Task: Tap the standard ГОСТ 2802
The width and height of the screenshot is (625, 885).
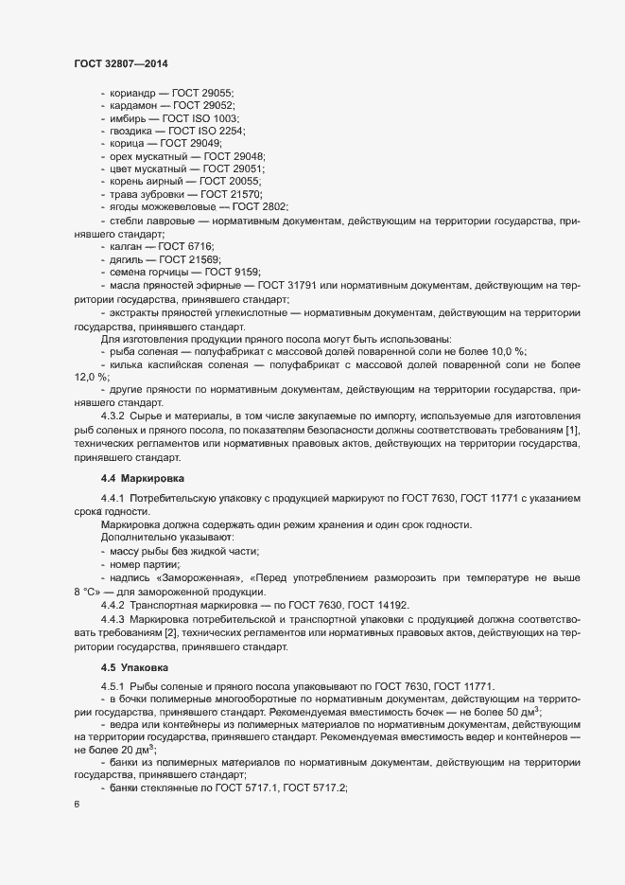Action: [260, 205]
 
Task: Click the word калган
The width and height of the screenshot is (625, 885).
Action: [128, 246]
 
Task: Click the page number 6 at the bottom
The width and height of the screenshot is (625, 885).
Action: [76, 805]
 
